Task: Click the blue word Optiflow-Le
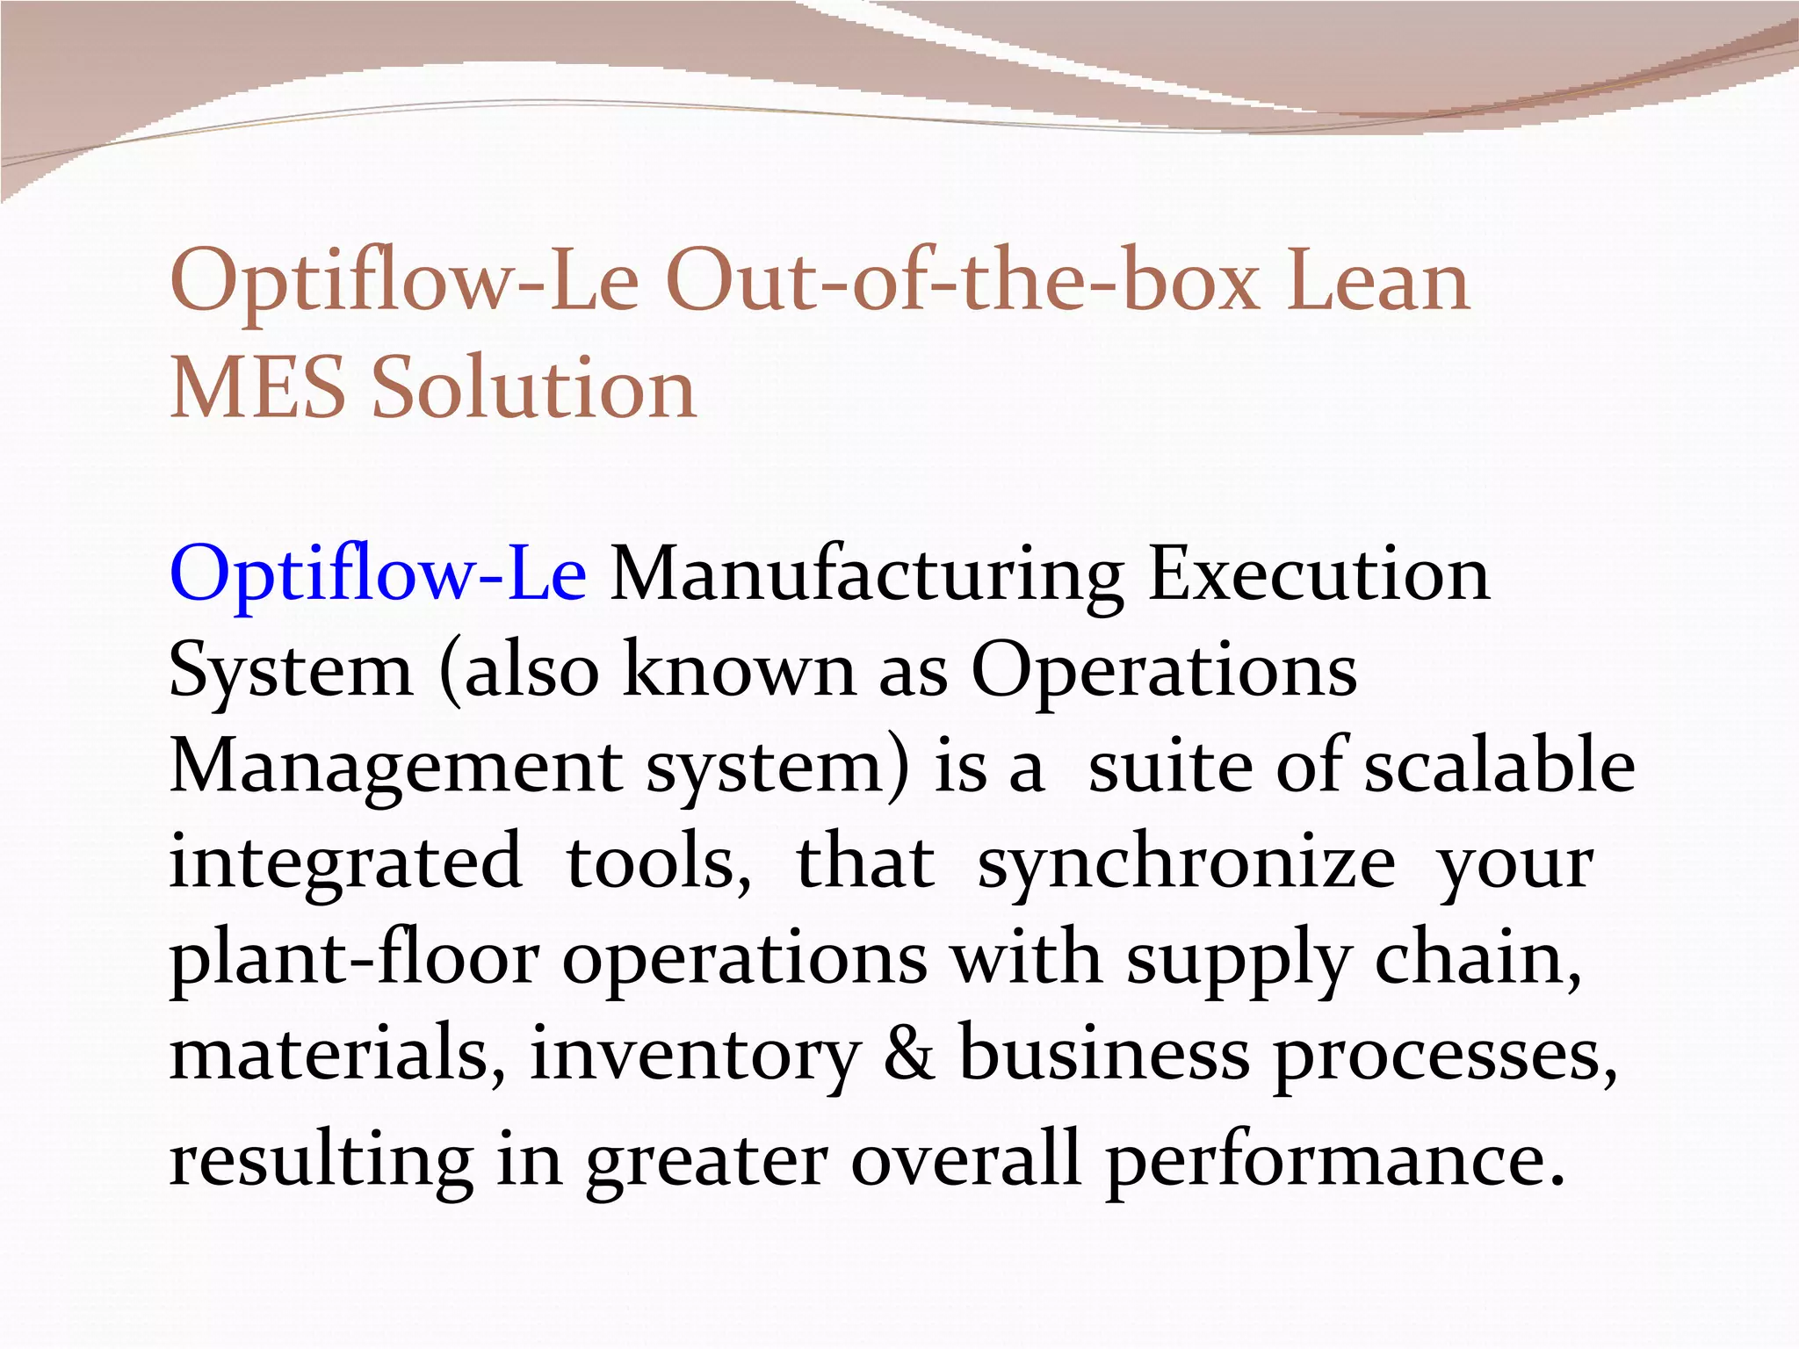coord(378,575)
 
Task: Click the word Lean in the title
coord(1378,283)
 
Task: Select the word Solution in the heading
coord(534,388)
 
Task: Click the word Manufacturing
coord(866,575)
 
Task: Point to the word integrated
coord(345,862)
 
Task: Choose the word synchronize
coord(1186,862)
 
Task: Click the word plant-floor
coord(354,959)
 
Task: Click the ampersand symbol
coord(908,1054)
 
